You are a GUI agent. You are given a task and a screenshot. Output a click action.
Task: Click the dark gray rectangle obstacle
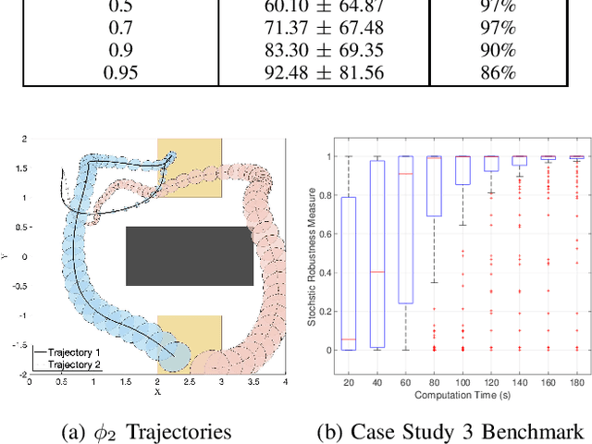coord(189,255)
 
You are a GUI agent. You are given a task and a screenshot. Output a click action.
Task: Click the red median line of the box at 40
coord(376,272)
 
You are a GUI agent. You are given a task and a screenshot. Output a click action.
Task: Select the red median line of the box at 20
coord(348,339)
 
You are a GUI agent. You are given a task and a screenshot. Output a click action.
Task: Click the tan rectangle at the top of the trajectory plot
coord(190,167)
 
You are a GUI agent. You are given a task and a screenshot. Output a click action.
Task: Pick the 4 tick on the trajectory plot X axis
coord(286,381)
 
